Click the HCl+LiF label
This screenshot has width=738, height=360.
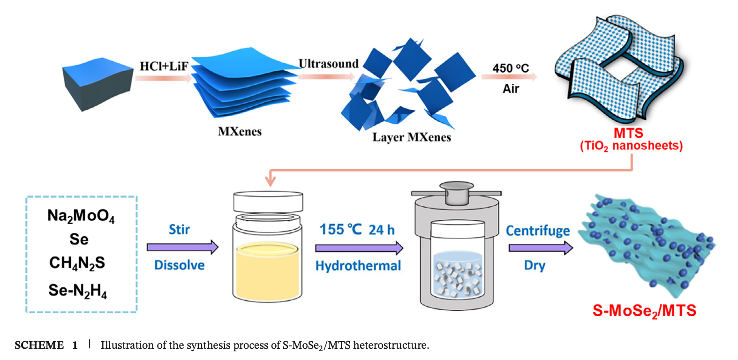pyautogui.click(x=164, y=66)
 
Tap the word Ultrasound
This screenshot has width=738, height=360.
pyautogui.click(x=329, y=64)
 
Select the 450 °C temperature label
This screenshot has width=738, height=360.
pyautogui.click(x=511, y=68)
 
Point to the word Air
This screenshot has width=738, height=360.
pyautogui.click(x=511, y=89)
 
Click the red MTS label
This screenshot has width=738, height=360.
pyautogui.click(x=628, y=133)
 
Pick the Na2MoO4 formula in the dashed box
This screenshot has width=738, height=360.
pyautogui.click(x=81, y=216)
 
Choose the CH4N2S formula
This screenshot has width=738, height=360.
pyautogui.click(x=77, y=263)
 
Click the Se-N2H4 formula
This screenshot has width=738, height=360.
pyautogui.click(x=77, y=291)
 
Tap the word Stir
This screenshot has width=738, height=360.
pyautogui.click(x=179, y=230)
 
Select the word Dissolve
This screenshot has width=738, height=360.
pyautogui.click(x=179, y=265)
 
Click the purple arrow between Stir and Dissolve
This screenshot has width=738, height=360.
pyautogui.click(x=182, y=247)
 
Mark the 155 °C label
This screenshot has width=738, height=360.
pyautogui.click(x=341, y=230)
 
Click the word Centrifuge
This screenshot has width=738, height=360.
pyautogui.click(x=538, y=231)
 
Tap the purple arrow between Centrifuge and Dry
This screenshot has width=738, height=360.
pyautogui.click(x=541, y=247)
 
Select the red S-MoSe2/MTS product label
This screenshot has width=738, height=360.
pyautogui.click(x=644, y=311)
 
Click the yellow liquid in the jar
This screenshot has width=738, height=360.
pyautogui.click(x=267, y=272)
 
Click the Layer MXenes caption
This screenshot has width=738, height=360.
pyautogui.click(x=412, y=137)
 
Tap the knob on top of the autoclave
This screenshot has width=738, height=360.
pyautogui.click(x=456, y=192)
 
